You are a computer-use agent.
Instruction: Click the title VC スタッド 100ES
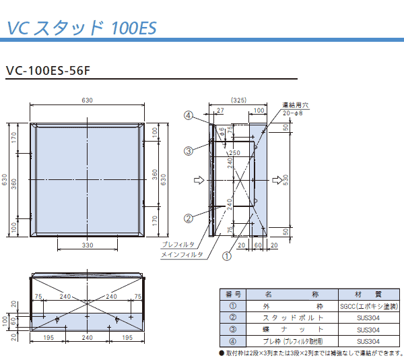pos(81,28)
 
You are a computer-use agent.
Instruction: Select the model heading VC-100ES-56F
pos(48,70)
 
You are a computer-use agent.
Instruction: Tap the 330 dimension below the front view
pos(88,245)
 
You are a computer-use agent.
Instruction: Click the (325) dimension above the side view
pos(238,100)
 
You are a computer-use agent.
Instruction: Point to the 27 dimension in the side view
pos(220,111)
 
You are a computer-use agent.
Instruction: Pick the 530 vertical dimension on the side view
pos(285,180)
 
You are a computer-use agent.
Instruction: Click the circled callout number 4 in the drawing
pos(189,115)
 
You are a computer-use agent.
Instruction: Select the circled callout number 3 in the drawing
pos(189,150)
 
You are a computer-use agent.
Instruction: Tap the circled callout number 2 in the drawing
pos(189,218)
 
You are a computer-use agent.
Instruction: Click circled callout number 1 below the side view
pos(227,256)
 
